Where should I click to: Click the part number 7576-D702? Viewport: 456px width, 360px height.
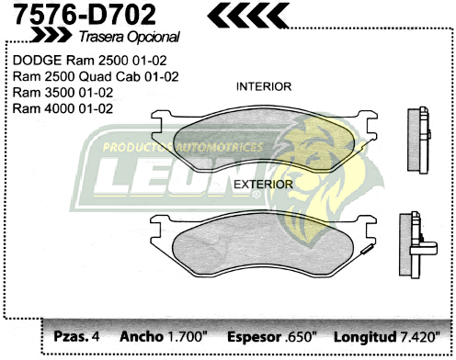click(x=79, y=14)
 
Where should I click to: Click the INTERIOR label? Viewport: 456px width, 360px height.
click(x=264, y=86)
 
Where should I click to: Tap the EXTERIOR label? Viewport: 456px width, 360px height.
click(x=263, y=184)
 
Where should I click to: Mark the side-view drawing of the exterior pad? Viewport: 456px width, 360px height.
click(x=414, y=239)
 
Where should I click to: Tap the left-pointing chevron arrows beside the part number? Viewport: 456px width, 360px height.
click(x=246, y=14)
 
